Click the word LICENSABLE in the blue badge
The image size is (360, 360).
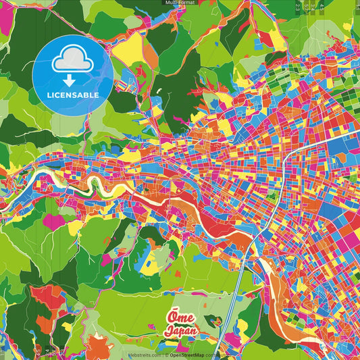pyautogui.click(x=72, y=95)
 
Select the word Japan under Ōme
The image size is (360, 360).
pyautogui.click(x=180, y=332)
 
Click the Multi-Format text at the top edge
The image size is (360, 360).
pyautogui.click(x=180, y=3)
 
